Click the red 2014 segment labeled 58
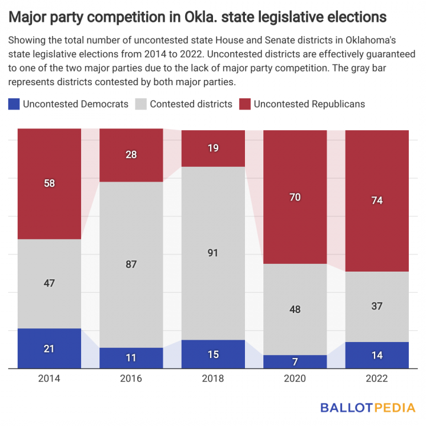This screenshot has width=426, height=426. pyautogui.click(x=49, y=184)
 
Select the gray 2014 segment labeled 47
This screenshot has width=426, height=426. pyautogui.click(x=49, y=283)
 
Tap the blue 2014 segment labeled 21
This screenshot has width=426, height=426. pyautogui.click(x=49, y=348)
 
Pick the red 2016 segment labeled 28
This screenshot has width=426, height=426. pyautogui.click(x=131, y=155)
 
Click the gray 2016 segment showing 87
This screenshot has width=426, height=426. pyautogui.click(x=131, y=264)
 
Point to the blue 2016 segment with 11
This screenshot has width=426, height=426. pyautogui.click(x=131, y=358)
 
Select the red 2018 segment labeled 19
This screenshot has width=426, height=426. pyautogui.click(x=213, y=149)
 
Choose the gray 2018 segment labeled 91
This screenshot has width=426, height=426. pyautogui.click(x=213, y=253)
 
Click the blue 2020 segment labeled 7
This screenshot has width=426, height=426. pyautogui.click(x=295, y=362)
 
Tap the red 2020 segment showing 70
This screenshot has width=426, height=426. pyautogui.click(x=295, y=197)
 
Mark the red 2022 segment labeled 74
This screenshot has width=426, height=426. pyautogui.click(x=377, y=201)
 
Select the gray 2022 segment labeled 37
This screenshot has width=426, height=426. pyautogui.click(x=377, y=306)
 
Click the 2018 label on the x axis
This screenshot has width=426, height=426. pyautogui.click(x=213, y=379)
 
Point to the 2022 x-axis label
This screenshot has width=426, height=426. pyautogui.click(x=377, y=379)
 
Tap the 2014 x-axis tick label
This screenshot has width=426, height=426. pyautogui.click(x=49, y=379)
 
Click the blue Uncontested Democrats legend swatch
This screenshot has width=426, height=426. pyautogui.click(x=14, y=104)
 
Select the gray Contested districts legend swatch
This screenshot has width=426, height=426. pyautogui.click(x=141, y=104)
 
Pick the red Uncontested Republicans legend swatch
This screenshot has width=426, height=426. pyautogui.click(x=245, y=104)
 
